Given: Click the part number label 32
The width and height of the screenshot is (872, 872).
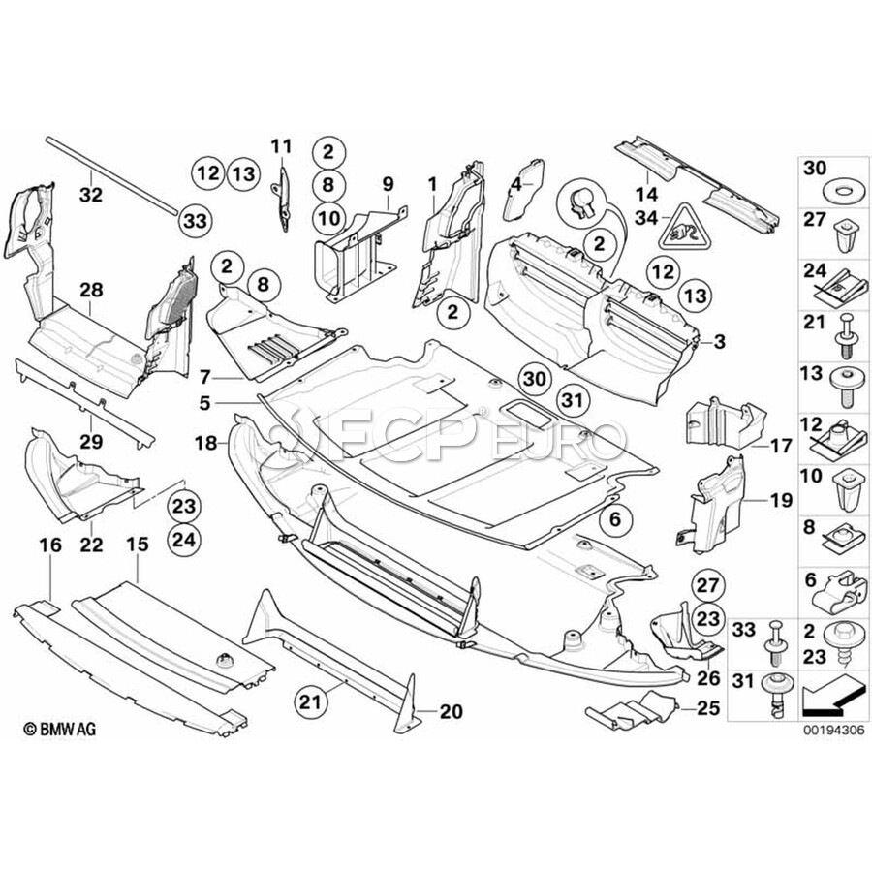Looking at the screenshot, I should [90, 194].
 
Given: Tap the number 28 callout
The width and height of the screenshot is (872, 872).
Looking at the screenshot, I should [91, 290].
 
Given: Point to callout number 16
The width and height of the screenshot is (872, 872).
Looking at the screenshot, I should [49, 546].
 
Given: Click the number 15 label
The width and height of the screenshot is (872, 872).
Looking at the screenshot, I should [138, 546].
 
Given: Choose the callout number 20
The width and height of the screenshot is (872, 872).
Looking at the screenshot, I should [451, 712].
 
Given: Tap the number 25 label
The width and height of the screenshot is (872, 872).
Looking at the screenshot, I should [708, 709].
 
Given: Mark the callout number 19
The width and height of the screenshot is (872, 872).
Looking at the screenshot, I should [781, 501].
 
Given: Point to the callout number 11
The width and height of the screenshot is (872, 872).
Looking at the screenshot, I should [280, 147].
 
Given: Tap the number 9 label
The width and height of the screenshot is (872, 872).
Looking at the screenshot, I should [389, 182].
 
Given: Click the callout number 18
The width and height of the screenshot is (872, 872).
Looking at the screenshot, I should [203, 443].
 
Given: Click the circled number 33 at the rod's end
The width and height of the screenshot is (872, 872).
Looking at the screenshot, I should [195, 221].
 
